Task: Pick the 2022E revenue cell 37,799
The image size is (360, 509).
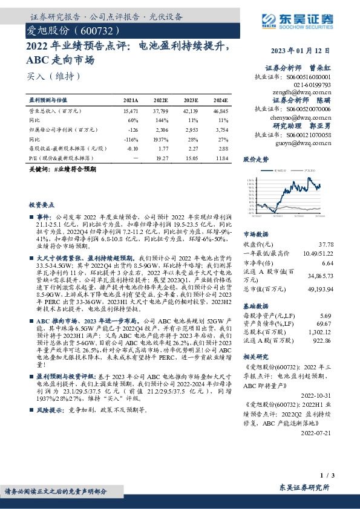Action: [x=160, y=112]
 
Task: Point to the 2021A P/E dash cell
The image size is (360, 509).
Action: [x=133, y=157]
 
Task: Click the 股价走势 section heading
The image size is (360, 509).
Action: [x=255, y=160]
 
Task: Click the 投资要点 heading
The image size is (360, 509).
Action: [x=42, y=205]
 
